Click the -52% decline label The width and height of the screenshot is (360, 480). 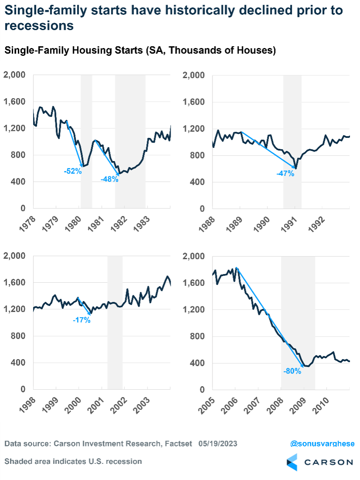[x=73, y=171]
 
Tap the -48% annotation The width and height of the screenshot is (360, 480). [x=110, y=179]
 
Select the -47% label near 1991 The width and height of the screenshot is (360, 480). [x=285, y=174]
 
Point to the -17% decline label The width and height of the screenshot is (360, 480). [x=82, y=320]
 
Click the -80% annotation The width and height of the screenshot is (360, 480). [x=292, y=371]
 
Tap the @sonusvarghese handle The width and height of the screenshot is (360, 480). [x=322, y=444]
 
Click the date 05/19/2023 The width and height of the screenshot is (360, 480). [x=218, y=444]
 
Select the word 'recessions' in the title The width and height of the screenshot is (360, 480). [x=38, y=26]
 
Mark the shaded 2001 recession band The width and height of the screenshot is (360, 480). [x=115, y=323]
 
